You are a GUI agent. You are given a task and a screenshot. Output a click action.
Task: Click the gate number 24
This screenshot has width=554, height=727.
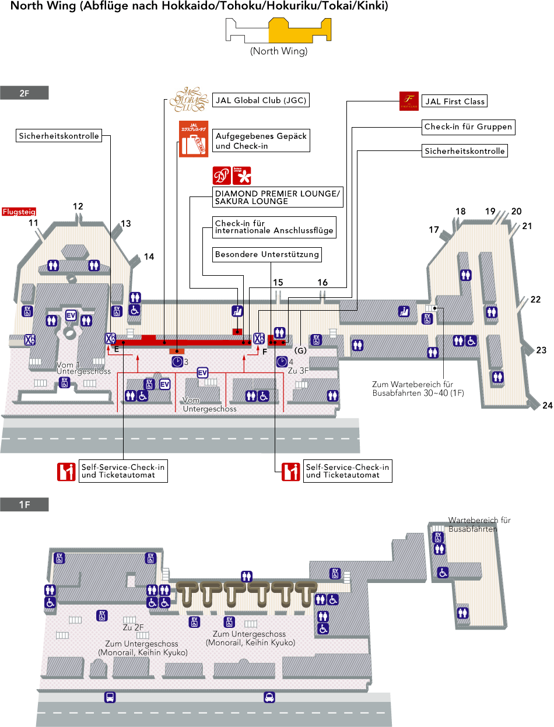547,406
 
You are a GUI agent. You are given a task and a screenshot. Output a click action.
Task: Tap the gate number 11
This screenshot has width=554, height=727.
33,223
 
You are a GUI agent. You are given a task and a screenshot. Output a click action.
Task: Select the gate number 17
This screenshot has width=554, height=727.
434,230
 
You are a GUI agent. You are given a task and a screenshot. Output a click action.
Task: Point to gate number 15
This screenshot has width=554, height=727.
278,283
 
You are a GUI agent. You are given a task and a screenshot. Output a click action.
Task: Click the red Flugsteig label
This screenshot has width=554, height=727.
20,212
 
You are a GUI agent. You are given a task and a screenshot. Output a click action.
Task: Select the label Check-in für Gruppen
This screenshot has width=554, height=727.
468,127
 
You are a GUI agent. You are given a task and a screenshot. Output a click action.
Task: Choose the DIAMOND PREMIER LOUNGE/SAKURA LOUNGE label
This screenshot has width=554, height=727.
277,198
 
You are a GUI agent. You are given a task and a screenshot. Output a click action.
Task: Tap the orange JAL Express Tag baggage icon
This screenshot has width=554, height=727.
192,139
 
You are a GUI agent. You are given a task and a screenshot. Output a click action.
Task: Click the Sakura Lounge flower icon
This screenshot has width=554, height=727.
241,175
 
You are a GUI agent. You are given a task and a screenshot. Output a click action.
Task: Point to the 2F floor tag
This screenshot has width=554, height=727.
24,93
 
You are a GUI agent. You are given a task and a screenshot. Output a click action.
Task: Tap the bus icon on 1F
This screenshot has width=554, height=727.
110,697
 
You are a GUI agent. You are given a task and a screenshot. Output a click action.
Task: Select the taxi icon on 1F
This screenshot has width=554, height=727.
269,697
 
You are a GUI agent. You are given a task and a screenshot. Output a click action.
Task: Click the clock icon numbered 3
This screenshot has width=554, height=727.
177,362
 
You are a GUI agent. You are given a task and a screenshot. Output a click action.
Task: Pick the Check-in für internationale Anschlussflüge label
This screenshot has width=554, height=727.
274,227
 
